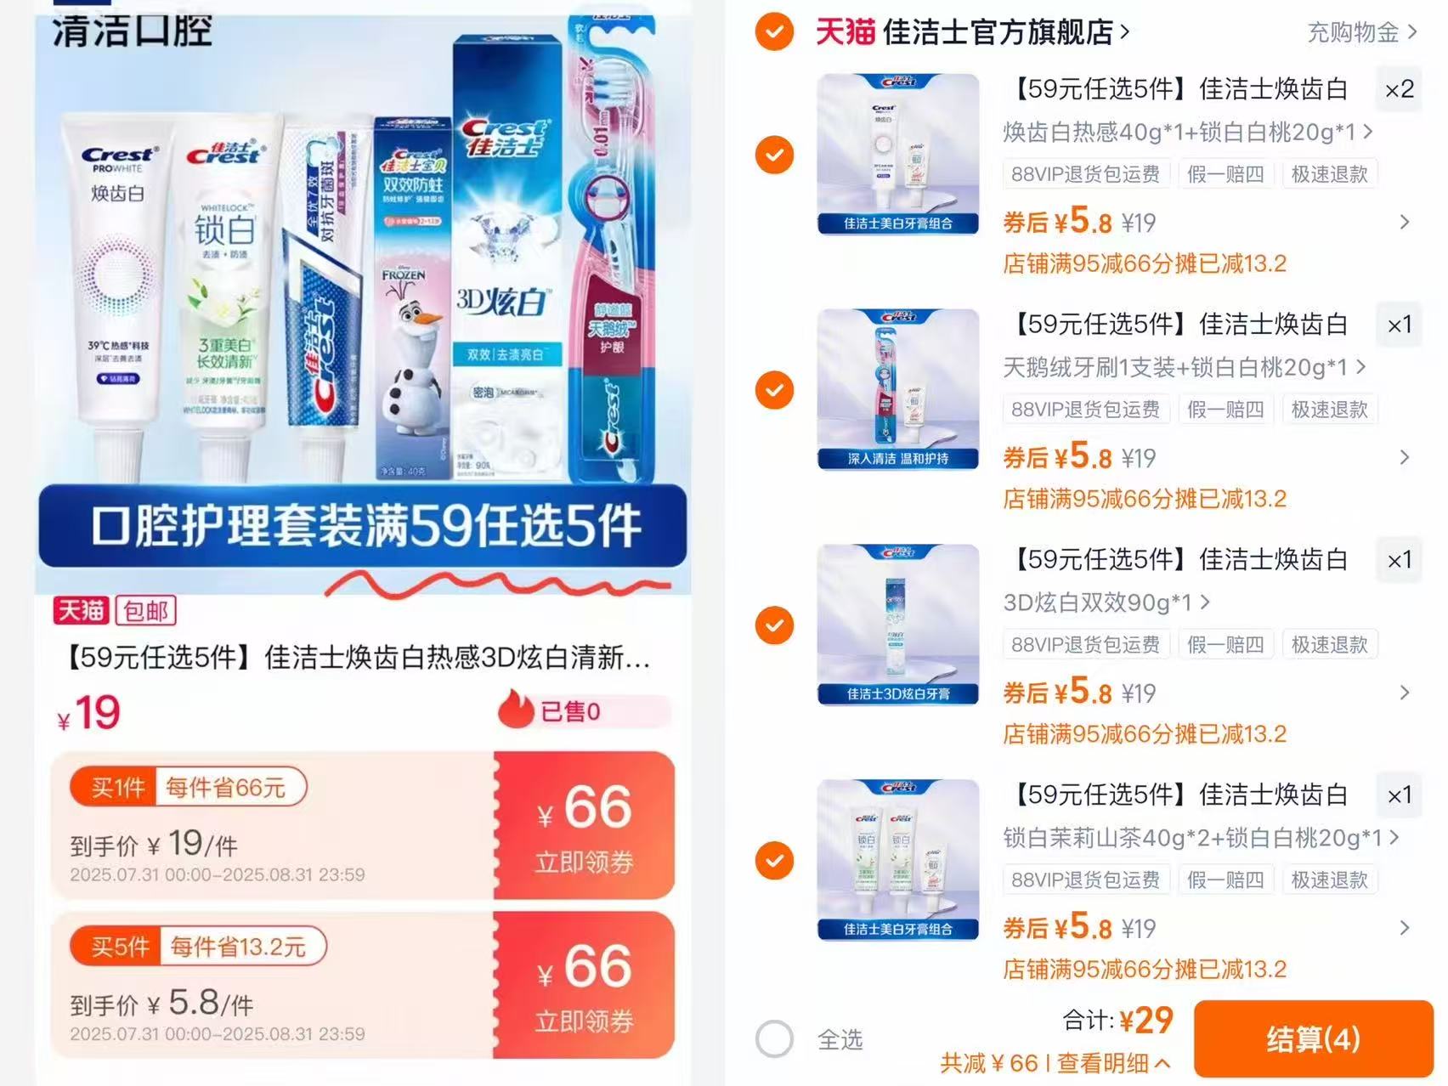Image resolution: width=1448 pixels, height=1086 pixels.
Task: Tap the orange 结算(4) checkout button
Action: click(1313, 1038)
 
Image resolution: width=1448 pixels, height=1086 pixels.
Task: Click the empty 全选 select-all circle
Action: click(774, 1038)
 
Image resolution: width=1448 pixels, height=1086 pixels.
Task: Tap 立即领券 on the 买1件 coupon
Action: click(584, 862)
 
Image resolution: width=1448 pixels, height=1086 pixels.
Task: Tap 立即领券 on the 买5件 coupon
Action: click(584, 1021)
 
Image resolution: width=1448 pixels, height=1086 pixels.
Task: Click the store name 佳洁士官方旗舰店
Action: click(998, 32)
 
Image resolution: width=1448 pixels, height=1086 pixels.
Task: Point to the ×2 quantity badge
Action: click(1399, 89)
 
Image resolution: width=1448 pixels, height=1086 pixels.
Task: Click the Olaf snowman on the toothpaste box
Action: click(407, 357)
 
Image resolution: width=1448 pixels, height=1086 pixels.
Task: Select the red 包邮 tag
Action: click(145, 610)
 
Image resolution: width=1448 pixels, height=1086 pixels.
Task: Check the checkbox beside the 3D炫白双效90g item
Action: click(774, 625)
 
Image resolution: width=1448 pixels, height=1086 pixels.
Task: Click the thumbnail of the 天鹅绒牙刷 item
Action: click(897, 389)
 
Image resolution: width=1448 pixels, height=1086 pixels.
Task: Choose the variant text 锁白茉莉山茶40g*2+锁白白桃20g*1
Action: click(1191, 838)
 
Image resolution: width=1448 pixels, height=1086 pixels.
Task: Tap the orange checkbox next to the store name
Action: click(774, 32)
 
